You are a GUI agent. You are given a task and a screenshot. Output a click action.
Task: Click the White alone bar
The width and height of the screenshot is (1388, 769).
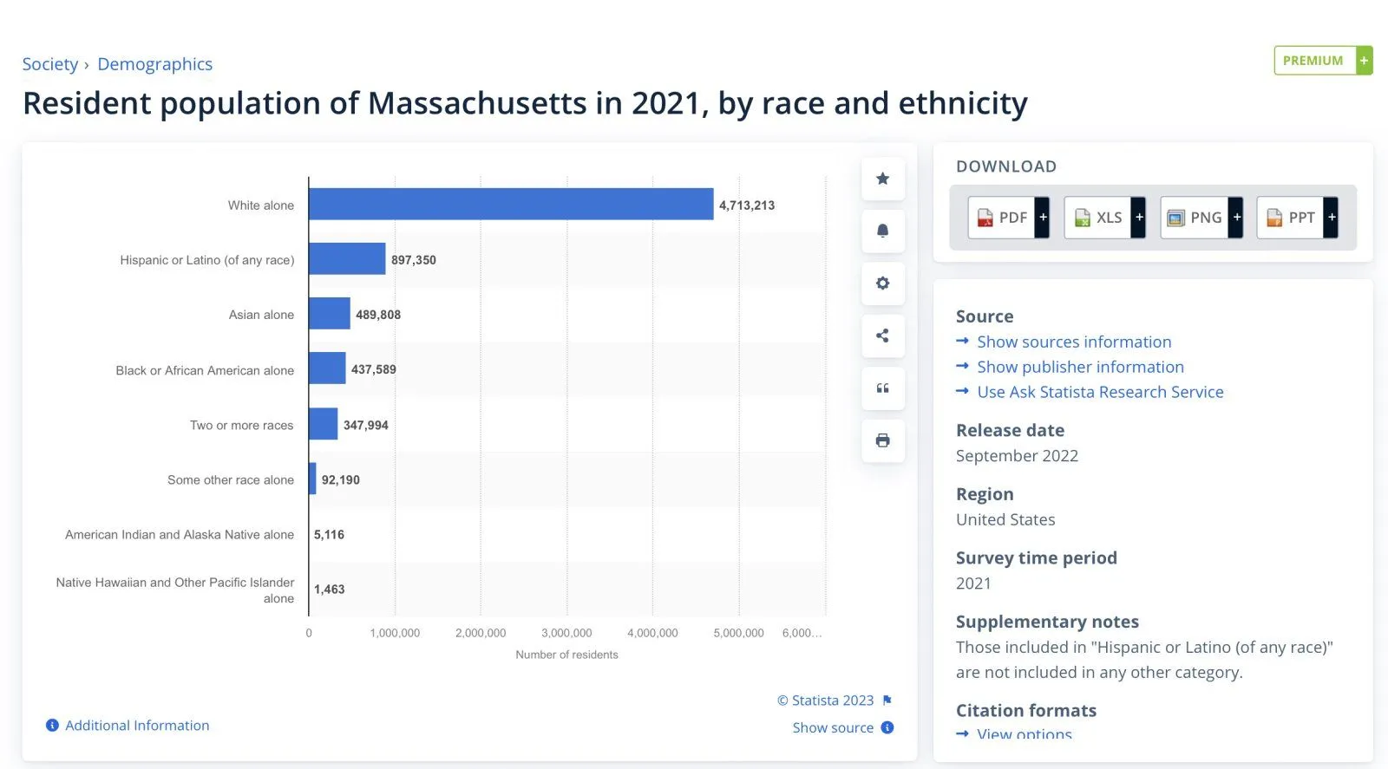coord(511,205)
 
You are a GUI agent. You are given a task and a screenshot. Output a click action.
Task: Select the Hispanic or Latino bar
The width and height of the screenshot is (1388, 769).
coord(347,259)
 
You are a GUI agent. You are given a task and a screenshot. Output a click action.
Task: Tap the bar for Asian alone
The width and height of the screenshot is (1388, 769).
coord(330,314)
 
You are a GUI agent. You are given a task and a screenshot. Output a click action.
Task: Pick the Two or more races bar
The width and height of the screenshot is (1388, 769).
coord(324,424)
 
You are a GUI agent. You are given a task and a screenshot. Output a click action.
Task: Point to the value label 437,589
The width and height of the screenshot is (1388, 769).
coord(373,369)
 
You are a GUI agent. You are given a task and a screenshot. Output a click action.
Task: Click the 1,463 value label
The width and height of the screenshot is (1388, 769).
coord(329,590)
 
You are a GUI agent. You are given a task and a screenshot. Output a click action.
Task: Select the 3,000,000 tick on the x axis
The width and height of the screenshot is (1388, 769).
coord(566,633)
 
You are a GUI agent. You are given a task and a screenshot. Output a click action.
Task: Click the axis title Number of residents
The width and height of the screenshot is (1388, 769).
coord(566,655)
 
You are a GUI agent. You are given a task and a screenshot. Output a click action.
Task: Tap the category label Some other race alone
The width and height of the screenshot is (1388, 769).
coord(231,479)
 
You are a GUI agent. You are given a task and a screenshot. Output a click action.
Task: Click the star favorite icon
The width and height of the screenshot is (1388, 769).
coord(882,179)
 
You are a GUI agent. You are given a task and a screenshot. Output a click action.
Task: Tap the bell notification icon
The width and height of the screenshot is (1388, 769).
coord(882,231)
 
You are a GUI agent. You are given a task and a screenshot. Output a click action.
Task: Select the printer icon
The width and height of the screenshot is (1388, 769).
coord(882,440)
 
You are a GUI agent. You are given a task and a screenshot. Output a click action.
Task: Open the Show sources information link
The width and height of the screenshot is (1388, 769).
coord(1074,342)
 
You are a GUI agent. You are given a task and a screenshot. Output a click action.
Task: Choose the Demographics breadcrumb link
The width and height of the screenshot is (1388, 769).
coord(154,64)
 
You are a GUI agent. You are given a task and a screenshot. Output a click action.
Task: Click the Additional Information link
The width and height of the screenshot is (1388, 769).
coord(137,726)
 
